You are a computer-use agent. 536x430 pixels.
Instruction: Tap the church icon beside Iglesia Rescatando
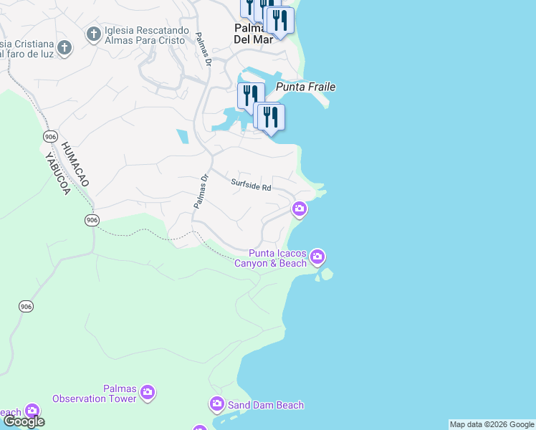pos(93,34)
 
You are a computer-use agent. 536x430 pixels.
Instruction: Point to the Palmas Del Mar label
pos(254,34)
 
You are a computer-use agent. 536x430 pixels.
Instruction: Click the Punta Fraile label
pos(306,87)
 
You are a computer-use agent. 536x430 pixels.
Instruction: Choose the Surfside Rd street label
pos(251,185)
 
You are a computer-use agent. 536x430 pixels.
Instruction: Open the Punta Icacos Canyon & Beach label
pos(277,258)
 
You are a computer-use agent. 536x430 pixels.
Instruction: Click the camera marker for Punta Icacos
pos(317,257)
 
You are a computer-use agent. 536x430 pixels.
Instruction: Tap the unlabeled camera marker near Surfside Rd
pos(300,209)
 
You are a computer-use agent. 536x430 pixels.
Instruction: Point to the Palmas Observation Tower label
pos(95,393)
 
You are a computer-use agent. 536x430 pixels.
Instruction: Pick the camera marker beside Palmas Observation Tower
pos(148,392)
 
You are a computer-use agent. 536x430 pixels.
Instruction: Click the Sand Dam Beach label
pos(265,405)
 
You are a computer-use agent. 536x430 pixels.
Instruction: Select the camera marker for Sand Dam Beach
pos(217,405)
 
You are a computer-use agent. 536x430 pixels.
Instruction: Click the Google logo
pos(24,421)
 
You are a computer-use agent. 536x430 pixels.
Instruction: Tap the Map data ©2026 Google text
pos(492,424)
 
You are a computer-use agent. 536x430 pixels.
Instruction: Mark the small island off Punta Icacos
pos(327,274)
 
